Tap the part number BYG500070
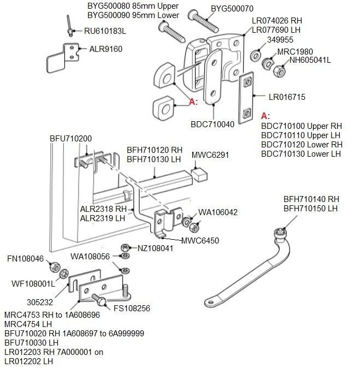coord(232,9)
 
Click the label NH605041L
coord(310,60)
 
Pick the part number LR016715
coord(287,97)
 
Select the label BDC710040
coord(213,124)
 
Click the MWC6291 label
coord(210,155)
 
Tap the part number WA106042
coord(217,212)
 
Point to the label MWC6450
coord(200,240)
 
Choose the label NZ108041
coord(156,248)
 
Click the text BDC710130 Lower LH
coord(301,153)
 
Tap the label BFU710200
coord(72,139)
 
